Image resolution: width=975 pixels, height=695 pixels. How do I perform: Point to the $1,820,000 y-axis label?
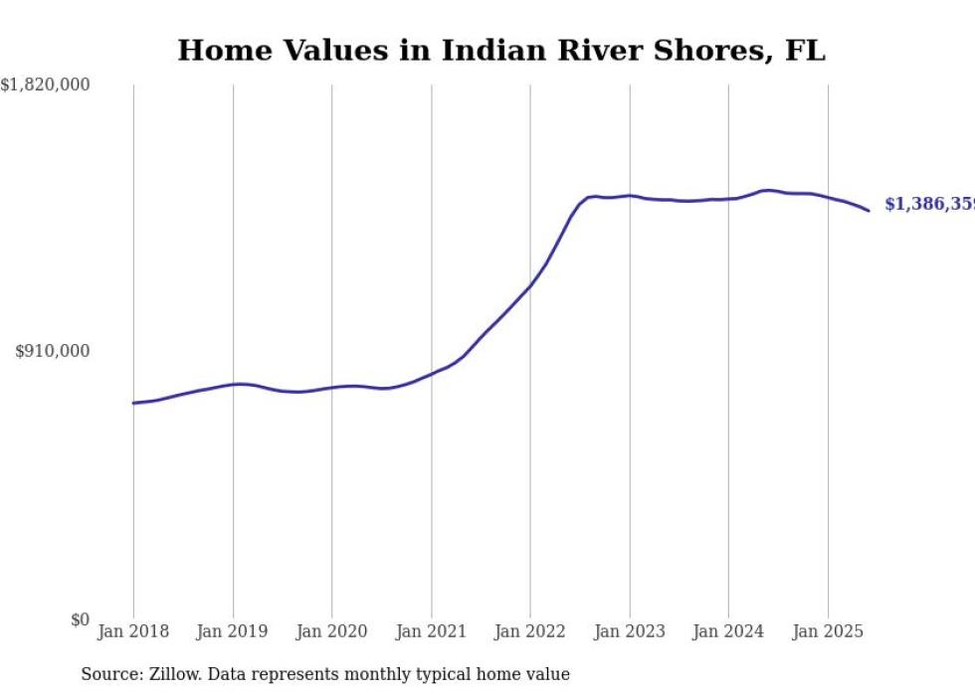46,86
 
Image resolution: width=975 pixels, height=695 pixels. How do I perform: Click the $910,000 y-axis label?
53,351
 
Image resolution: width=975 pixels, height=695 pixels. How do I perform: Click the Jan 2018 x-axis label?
133,631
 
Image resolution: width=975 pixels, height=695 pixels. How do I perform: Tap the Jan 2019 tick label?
233,631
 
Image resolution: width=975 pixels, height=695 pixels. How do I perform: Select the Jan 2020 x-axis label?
332,631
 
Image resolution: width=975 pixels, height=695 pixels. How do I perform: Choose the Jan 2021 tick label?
431,631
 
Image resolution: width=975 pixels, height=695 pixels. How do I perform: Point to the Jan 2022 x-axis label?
530,631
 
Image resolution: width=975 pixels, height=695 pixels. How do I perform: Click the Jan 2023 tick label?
630,631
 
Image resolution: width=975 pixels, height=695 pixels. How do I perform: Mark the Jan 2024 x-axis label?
728,631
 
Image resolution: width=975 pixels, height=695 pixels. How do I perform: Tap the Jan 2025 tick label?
828,631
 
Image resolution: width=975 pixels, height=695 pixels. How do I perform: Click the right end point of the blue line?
869,210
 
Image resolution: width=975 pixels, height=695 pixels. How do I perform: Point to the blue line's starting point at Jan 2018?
133,403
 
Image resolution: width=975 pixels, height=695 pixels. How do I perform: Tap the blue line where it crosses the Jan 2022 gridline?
530,285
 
